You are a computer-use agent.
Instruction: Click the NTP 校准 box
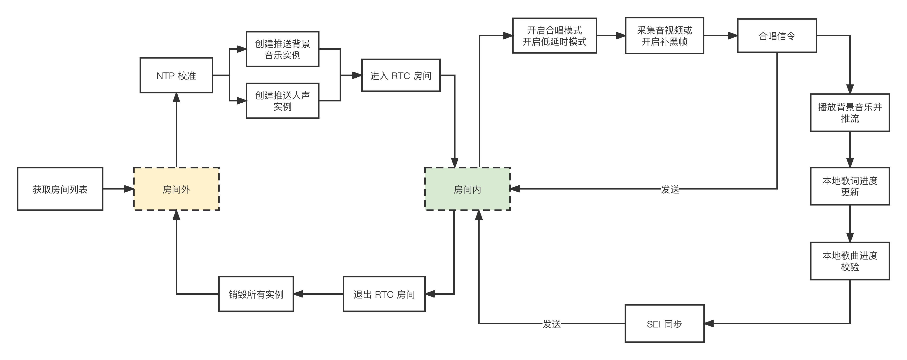coord(176,75)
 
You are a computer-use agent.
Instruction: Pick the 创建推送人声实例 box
coord(282,101)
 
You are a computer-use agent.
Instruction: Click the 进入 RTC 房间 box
coord(401,75)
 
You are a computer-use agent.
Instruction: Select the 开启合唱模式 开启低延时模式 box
coord(554,36)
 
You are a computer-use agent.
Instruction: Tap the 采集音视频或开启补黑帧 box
coord(664,36)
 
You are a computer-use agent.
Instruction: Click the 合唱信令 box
coord(777,36)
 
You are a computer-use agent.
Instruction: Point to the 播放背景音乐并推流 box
coord(850,113)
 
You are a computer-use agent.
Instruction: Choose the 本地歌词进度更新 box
coord(850,186)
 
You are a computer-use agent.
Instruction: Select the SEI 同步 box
coord(664,323)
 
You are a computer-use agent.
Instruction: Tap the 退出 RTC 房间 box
coord(384,294)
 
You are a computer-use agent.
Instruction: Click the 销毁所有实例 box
coord(256,294)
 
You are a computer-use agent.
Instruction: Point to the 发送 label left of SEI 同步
coord(551,324)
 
